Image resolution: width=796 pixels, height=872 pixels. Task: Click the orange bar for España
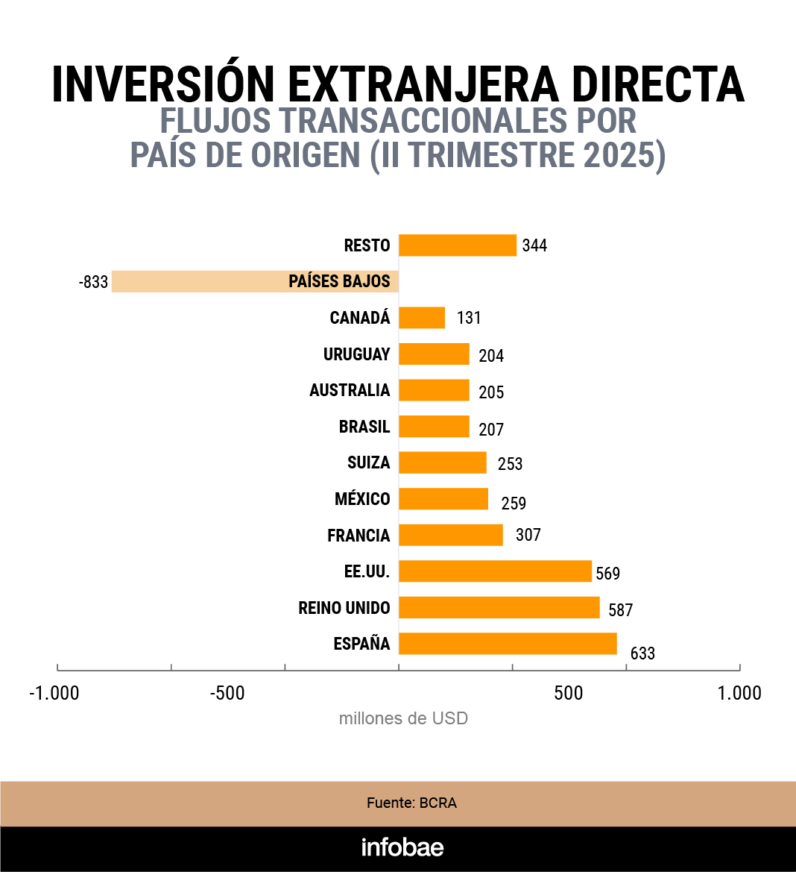[508, 644]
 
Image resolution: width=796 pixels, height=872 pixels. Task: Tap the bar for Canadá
[422, 318]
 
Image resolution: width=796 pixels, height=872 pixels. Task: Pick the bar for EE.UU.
[495, 571]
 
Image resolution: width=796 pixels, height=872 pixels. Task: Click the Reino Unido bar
[499, 608]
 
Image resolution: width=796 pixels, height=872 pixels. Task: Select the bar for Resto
[458, 245]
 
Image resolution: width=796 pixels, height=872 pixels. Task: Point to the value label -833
[93, 283]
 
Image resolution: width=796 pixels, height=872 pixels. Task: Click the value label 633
[642, 653]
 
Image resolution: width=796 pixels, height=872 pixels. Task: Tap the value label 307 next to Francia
[528, 535]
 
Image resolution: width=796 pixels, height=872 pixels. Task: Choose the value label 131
[469, 318]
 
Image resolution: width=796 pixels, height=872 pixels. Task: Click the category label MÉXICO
[362, 499]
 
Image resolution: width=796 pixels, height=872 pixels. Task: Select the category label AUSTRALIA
[350, 390]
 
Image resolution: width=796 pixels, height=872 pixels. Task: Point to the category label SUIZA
[368, 462]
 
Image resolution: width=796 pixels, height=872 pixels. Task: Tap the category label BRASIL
[364, 427]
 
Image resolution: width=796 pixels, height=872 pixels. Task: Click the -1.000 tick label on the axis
[54, 693]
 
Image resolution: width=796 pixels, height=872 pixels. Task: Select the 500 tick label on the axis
[568, 693]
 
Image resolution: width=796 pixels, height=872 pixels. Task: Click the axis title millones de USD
[403, 718]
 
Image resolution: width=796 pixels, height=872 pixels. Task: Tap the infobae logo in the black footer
[402, 847]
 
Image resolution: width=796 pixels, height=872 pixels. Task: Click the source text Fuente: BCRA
[411, 803]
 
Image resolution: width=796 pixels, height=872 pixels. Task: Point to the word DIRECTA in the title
[658, 84]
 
